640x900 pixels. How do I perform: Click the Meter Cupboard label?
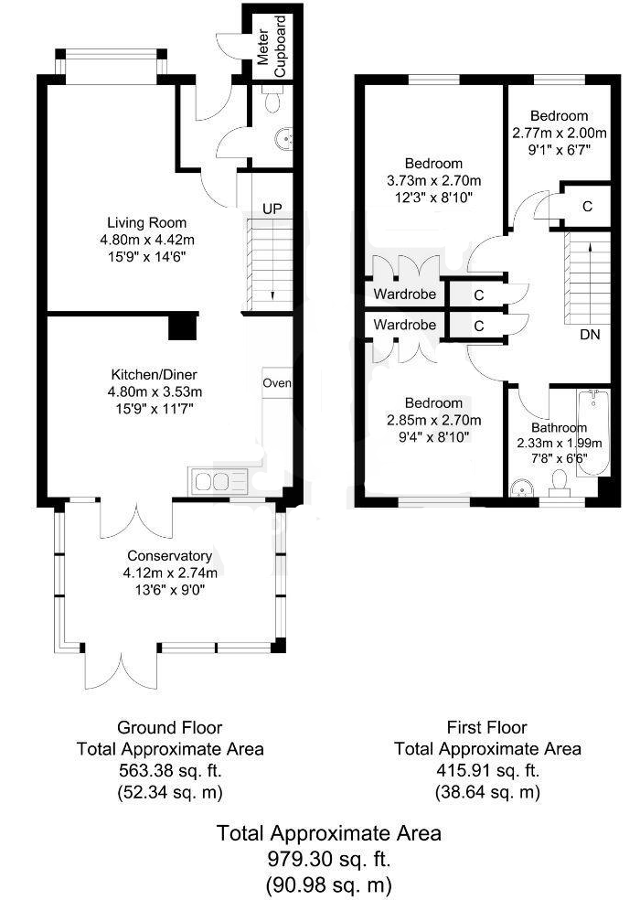coord(272,46)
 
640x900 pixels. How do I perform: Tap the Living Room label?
coord(147,222)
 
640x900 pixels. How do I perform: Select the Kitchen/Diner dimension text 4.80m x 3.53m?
coord(155,392)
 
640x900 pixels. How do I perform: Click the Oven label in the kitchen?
coord(277,383)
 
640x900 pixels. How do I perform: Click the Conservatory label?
coord(170,555)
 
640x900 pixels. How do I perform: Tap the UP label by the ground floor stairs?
coord(272,209)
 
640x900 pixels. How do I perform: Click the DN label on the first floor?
coord(590,335)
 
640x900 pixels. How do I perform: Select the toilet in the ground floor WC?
coord(272,100)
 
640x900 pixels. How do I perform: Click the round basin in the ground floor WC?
coord(283,138)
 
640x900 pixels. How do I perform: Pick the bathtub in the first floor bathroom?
coord(593,433)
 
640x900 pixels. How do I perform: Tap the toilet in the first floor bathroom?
coord(558,483)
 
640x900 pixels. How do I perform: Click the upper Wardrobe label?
coord(405,295)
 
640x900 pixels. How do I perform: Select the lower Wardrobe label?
coord(405,325)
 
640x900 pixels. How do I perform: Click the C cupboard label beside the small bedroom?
coord(587,206)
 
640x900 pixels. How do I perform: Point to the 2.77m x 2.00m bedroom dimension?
coord(559,134)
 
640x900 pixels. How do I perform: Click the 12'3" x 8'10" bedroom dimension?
coord(434,198)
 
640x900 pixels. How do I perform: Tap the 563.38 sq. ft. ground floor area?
coord(170,770)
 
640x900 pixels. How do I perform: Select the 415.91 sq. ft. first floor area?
coord(487,770)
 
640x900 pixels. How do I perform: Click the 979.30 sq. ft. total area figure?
coord(329,859)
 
